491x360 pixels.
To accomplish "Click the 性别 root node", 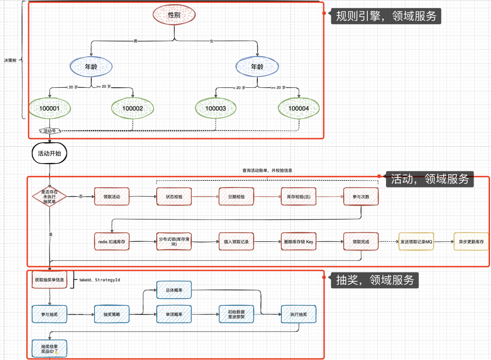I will tap(174, 15).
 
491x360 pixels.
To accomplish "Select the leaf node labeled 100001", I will tap(50, 109).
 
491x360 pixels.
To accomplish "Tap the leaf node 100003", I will tap(216, 109).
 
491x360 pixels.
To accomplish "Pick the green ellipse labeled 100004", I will tap(299, 109).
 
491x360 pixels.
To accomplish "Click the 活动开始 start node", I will tap(50, 153).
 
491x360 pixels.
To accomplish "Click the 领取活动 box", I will tap(111, 197).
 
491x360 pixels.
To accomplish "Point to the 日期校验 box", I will tap(236, 197).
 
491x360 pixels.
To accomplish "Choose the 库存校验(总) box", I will tap(298, 197).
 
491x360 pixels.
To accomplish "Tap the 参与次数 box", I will tap(361, 197).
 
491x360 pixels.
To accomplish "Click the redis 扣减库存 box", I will tap(111, 242).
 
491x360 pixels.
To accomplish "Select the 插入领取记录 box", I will tap(236, 242).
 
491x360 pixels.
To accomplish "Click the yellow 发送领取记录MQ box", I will tap(416, 242).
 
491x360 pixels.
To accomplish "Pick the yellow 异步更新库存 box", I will tap(471, 242).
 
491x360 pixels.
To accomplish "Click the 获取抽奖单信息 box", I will tap(50, 280).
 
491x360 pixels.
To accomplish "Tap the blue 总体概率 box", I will tap(174, 290).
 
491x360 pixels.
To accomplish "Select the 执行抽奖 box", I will tap(298, 314).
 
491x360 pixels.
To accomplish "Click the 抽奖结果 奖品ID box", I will tap(50, 349).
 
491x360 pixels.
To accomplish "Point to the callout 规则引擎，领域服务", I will tap(386, 16).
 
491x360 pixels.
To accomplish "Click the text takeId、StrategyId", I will tap(100, 280).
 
